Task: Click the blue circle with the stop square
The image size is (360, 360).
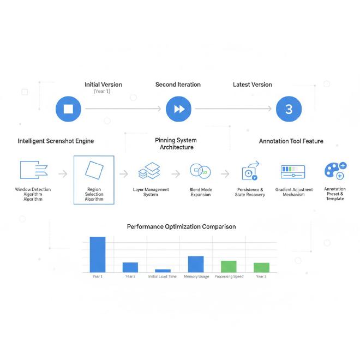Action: point(68,109)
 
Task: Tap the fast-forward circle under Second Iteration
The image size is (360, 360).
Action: point(179,109)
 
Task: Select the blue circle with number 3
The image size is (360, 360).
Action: point(289,109)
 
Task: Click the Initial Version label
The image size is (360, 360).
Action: point(103,85)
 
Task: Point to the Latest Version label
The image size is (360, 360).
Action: point(252,85)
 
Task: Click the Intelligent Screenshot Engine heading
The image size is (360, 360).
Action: point(56,141)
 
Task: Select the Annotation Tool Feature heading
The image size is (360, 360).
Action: point(291,141)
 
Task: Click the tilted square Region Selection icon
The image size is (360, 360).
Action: point(94,171)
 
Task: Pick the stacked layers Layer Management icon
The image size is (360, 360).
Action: point(149,171)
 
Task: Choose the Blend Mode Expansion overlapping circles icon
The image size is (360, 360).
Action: point(200,171)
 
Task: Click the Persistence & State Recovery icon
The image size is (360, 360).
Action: point(250,171)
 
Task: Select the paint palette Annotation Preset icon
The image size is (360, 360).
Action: point(335,171)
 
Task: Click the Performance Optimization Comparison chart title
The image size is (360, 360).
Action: point(182,226)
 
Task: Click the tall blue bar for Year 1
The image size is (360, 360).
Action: point(98,255)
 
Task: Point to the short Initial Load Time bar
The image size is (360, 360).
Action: point(163,271)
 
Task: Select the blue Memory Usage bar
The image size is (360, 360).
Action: point(196,265)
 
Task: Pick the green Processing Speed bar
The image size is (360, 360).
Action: point(229,267)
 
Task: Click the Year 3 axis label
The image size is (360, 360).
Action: point(261,277)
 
